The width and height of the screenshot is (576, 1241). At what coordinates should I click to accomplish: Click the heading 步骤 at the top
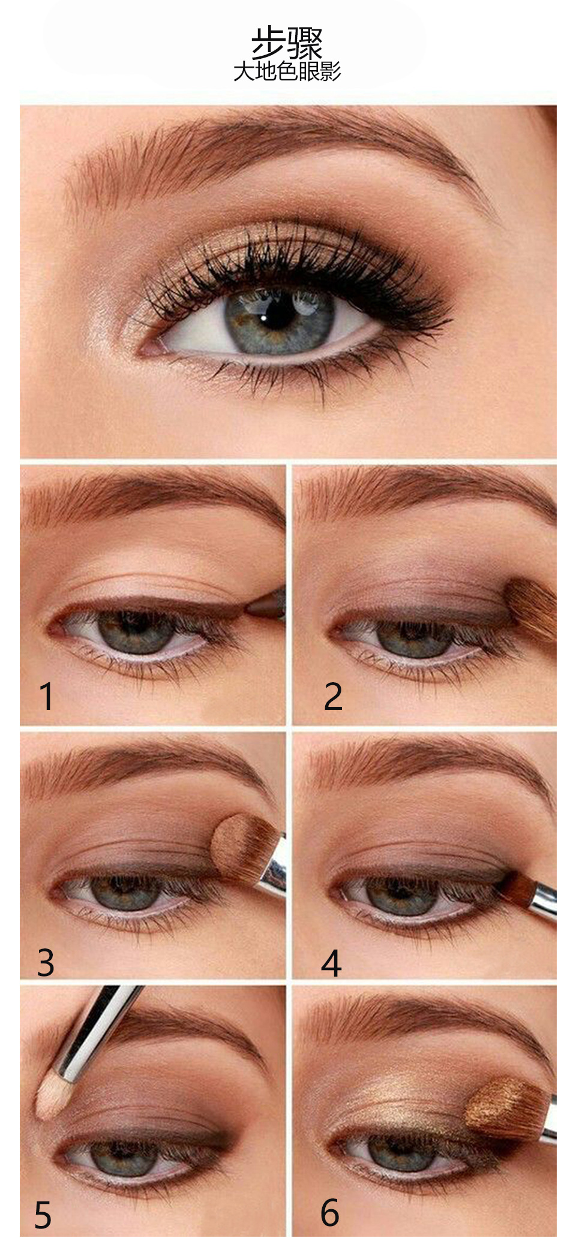pos(287,43)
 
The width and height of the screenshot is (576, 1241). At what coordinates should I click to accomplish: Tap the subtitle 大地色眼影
pos(287,71)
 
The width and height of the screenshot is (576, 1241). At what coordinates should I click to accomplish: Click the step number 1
pos(46,697)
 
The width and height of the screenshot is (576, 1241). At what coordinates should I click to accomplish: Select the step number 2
pos(333,696)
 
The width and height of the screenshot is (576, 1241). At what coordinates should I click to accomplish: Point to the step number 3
pos(46,962)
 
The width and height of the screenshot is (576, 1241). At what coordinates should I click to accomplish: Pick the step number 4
pos(331,963)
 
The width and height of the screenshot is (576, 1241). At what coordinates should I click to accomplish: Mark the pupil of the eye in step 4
pos(399,893)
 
